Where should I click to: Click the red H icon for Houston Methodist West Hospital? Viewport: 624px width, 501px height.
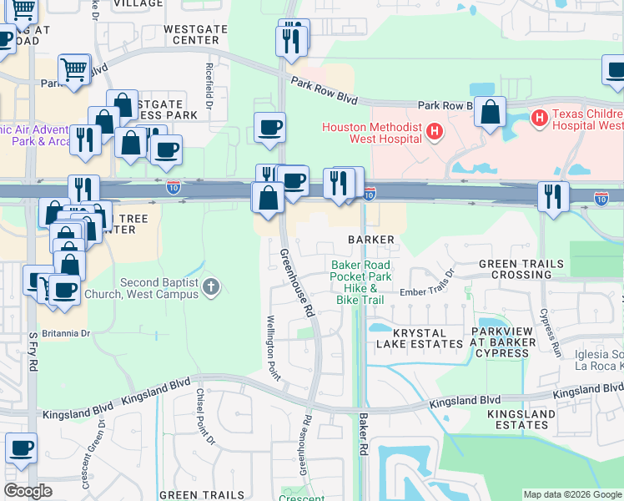(433, 130)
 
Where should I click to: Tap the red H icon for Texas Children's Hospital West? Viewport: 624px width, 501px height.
(539, 119)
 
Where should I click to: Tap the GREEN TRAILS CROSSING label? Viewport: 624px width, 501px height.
(521, 269)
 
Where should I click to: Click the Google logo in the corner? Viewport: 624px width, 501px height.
(27, 491)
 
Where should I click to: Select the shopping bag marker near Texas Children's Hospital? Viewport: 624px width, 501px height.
(490, 111)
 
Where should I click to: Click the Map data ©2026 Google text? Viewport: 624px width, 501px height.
(572, 494)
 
